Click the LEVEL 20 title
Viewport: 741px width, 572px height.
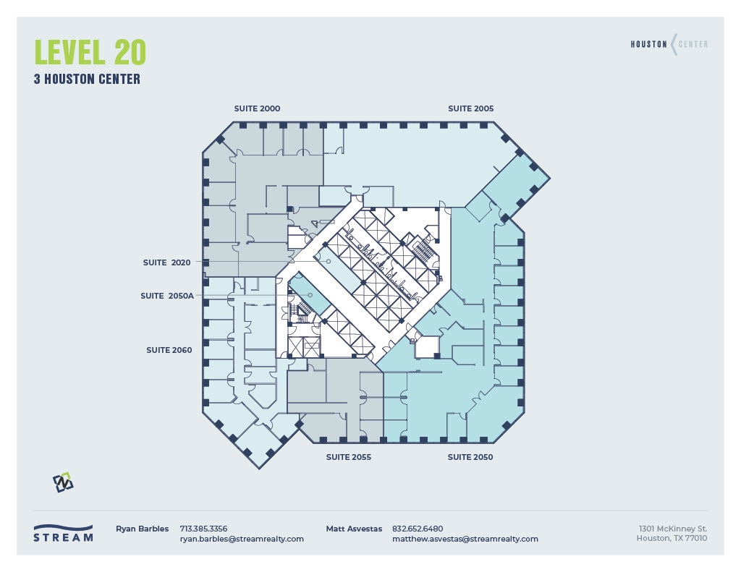pyautogui.click(x=90, y=52)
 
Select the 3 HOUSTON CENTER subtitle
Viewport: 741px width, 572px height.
pyautogui.click(x=87, y=80)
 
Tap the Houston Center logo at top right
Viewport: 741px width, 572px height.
pyautogui.click(x=669, y=44)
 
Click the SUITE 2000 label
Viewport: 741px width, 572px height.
pyautogui.click(x=257, y=108)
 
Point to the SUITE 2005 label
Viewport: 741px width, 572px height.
pyautogui.click(x=470, y=108)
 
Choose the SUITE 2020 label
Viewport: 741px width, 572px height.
pyautogui.click(x=166, y=262)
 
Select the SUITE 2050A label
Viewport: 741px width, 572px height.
pyautogui.click(x=167, y=296)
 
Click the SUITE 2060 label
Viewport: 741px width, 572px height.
pyautogui.click(x=169, y=350)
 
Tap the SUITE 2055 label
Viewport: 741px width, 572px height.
pyautogui.click(x=348, y=457)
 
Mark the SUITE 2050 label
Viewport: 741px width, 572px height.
pyautogui.click(x=470, y=457)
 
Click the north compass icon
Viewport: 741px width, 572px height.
pyautogui.click(x=64, y=482)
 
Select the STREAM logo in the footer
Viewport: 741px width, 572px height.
pyautogui.click(x=64, y=533)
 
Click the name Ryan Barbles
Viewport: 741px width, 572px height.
pyautogui.click(x=142, y=529)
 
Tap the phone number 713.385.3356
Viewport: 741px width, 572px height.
pyautogui.click(x=203, y=529)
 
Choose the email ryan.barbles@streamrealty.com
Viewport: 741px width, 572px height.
pyautogui.click(x=242, y=539)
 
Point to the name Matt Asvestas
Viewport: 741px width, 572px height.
pyautogui.click(x=354, y=529)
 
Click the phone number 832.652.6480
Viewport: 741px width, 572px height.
pyautogui.click(x=418, y=529)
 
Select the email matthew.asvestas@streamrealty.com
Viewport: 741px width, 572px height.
pyautogui.click(x=465, y=539)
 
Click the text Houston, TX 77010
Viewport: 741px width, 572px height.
pyautogui.click(x=672, y=538)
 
